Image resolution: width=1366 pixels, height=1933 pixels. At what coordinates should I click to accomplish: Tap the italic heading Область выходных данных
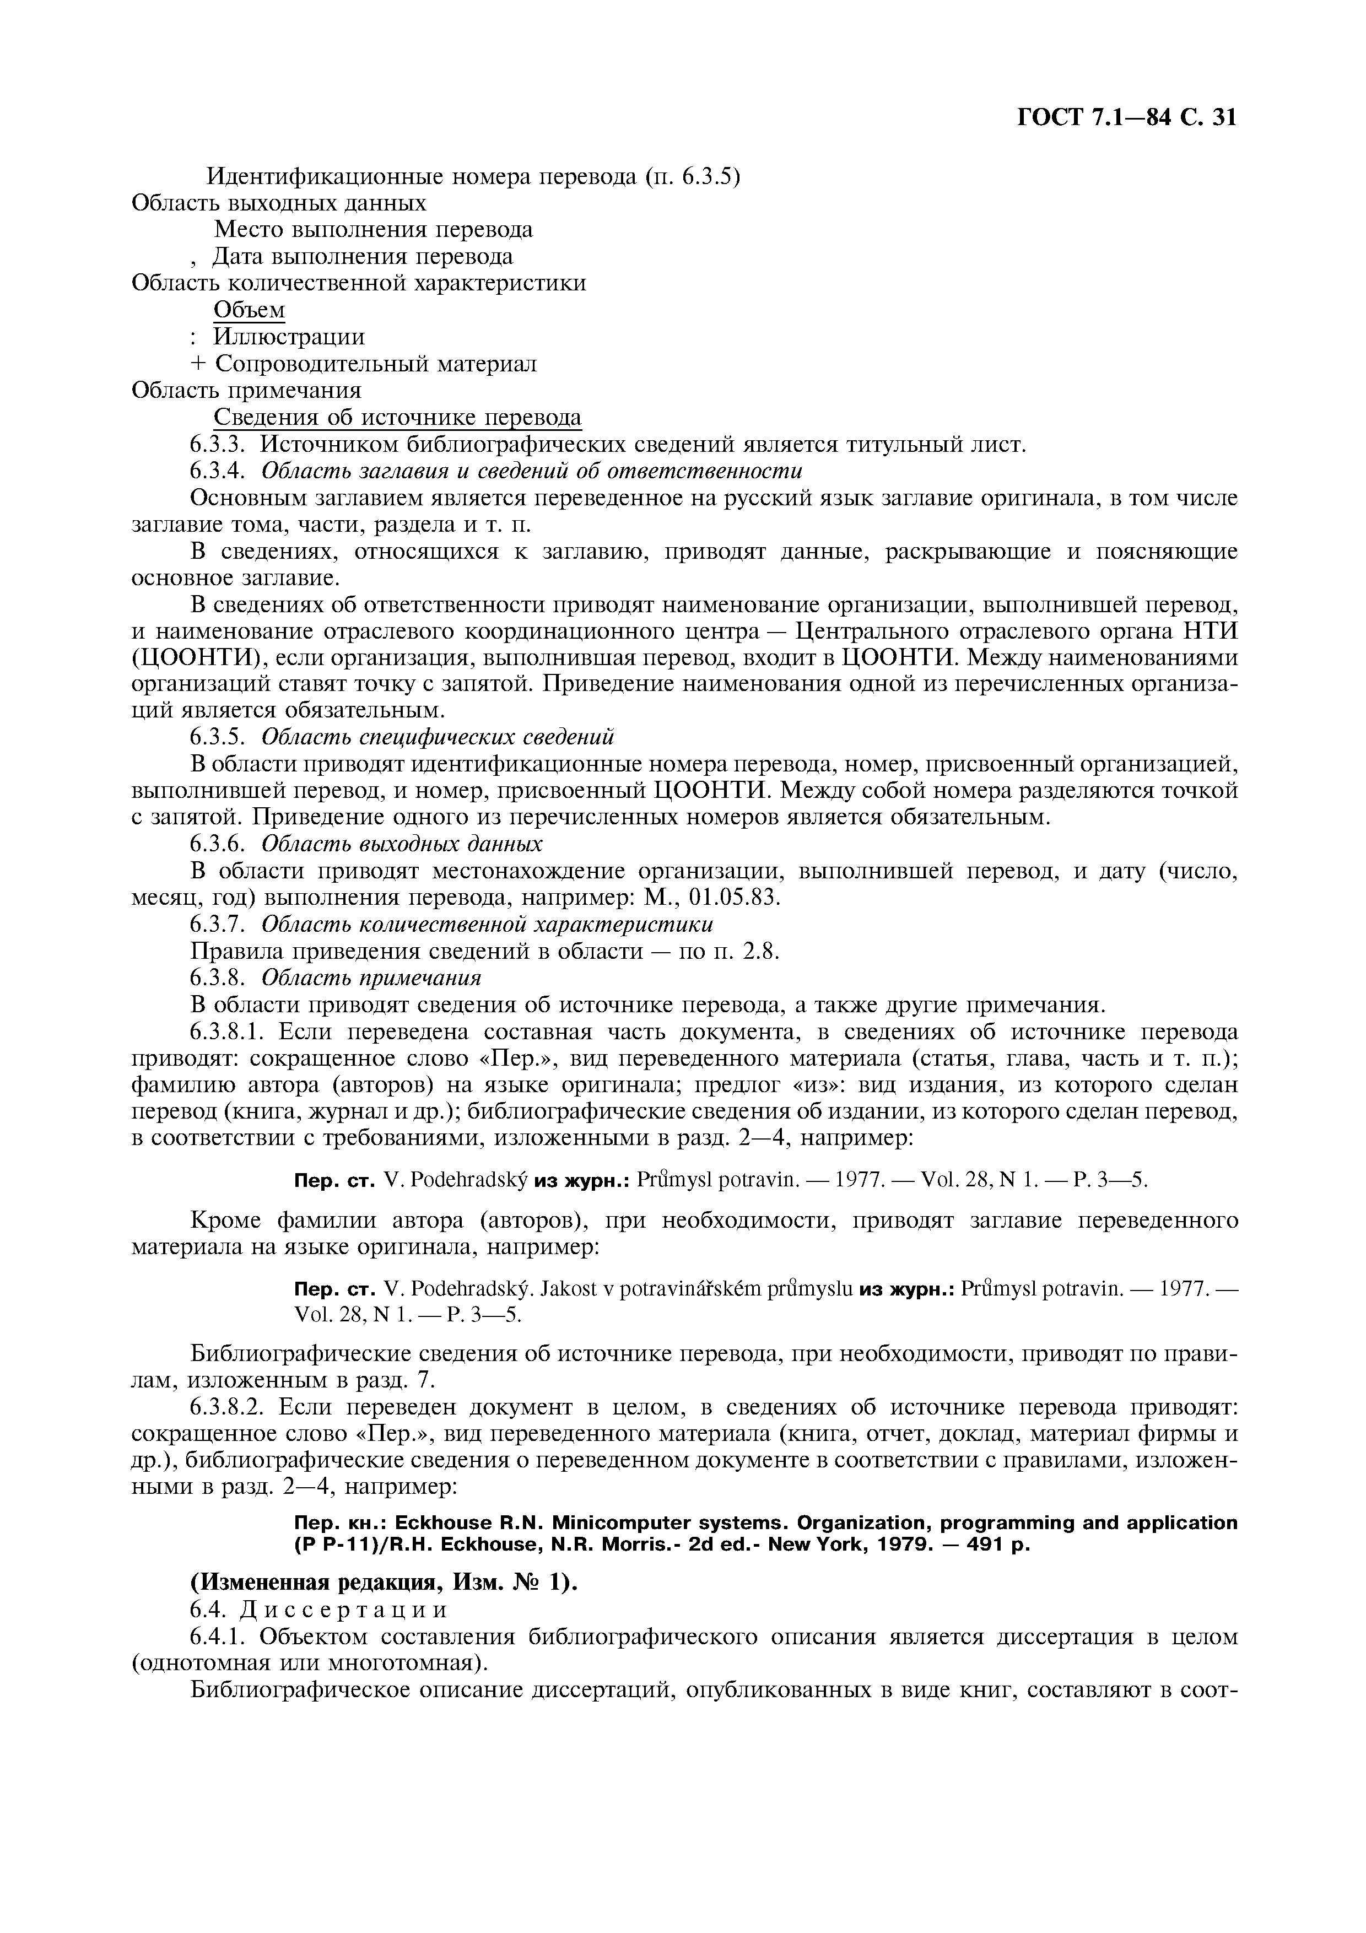click(402, 844)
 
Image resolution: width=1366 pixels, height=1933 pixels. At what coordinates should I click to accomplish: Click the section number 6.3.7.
click(217, 925)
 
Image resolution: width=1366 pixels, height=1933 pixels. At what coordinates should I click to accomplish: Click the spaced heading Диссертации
click(343, 1610)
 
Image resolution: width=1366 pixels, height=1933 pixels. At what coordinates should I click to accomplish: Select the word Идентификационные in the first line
click(327, 177)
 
